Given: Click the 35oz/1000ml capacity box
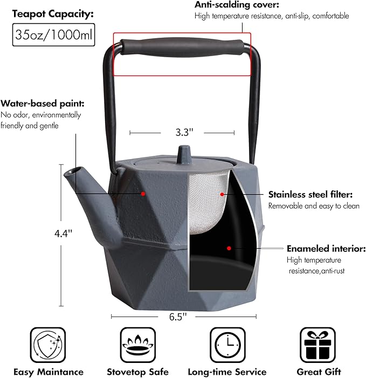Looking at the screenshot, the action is pos(53,35).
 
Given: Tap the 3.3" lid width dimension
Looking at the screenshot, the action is pos(184,132).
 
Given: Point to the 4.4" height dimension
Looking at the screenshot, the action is pos(64,233).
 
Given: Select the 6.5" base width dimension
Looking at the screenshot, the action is pos(178,317).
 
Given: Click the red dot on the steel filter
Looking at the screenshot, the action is pos(222,194).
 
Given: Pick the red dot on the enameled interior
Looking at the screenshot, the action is pos(229,248).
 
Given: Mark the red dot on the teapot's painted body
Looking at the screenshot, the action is pos(143,194).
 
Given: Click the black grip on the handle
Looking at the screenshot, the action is pos(182,47).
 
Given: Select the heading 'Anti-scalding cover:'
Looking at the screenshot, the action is pos(237,4).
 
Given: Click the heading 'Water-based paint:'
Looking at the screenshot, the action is pos(43,104).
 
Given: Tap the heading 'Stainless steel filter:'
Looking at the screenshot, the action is pos(310,194).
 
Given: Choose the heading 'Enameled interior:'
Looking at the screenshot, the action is pos(326,249).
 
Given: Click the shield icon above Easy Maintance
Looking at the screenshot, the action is pos(48,345).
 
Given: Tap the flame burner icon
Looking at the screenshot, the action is pos(138,345).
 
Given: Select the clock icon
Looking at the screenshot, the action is pos(227,345).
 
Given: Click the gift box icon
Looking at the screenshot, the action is pos(318,345).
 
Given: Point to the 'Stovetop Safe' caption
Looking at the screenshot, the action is pos(138,372).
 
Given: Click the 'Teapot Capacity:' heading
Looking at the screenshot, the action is pos(53,14).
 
